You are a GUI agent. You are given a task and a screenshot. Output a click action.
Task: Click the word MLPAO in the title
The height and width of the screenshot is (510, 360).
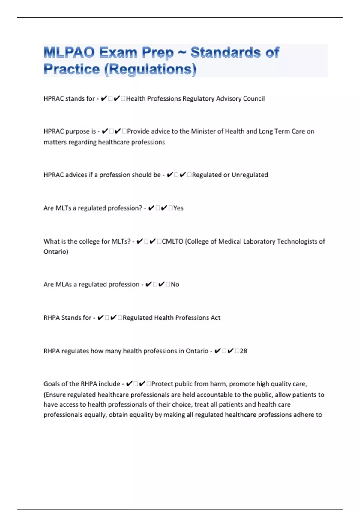69,52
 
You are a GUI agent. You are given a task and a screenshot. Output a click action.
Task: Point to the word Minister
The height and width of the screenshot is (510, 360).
203,131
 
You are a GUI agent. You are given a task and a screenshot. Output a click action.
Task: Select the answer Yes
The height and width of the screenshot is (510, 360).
178,208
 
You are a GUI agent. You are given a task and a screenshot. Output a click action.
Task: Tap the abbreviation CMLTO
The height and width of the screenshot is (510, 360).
172,241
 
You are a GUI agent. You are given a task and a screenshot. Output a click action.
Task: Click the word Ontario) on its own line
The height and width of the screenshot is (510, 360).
56,251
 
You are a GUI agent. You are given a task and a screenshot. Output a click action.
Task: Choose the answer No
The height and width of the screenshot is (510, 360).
175,284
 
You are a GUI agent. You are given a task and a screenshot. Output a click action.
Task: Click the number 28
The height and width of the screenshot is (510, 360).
244,351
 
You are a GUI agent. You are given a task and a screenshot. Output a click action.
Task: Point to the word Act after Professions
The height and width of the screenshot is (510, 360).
215,317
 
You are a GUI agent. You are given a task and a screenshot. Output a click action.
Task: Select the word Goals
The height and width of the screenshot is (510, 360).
52,384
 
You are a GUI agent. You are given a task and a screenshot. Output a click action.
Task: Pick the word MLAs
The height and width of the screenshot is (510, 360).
64,284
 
